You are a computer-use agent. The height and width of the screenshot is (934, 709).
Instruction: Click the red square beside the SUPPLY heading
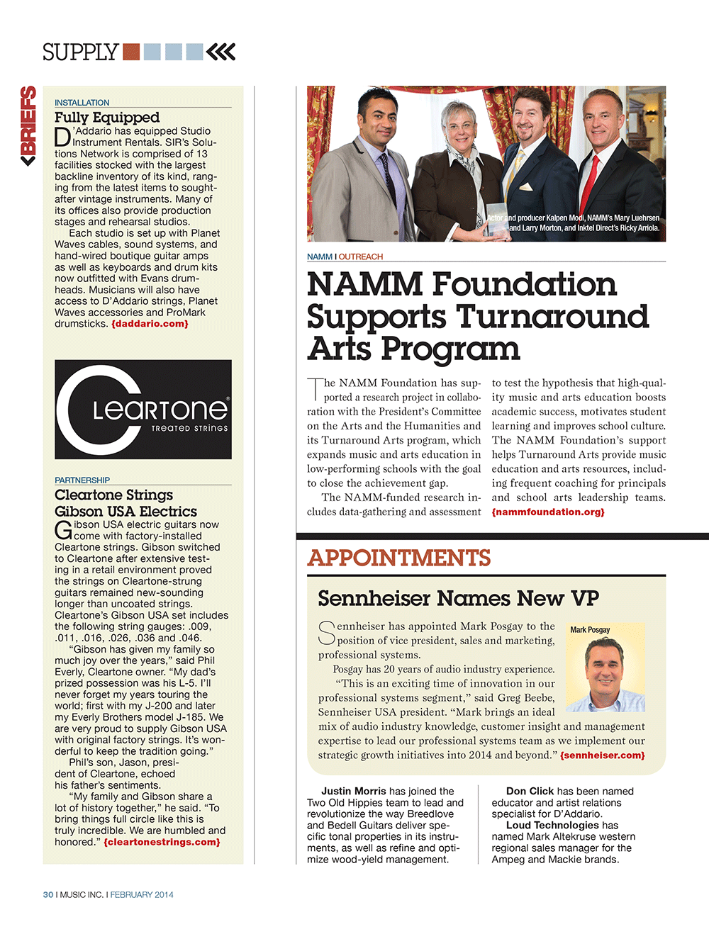click(131, 52)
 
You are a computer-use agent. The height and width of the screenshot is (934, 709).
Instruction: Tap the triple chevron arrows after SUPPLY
click(220, 52)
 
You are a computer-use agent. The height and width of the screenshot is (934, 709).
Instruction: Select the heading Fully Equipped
click(107, 118)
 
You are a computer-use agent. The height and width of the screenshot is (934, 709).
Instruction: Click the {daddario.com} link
click(150, 324)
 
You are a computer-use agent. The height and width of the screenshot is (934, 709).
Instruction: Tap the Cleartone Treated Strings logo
click(143, 409)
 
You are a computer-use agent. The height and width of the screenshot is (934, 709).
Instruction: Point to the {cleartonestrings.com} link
click(162, 843)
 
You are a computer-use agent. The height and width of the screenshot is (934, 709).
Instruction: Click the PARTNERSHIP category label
click(82, 480)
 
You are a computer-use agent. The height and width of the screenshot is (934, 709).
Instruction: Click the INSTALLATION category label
click(82, 103)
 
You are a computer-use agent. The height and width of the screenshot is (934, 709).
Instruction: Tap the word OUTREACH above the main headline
click(361, 257)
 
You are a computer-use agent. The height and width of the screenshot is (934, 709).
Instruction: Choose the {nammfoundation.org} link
click(548, 512)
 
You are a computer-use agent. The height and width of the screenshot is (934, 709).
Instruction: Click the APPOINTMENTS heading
click(399, 558)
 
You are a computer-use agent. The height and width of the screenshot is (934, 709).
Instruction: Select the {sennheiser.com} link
click(603, 755)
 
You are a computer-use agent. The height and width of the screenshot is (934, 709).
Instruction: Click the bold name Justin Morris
click(354, 791)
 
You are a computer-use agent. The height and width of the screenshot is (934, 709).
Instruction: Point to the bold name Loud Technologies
click(552, 825)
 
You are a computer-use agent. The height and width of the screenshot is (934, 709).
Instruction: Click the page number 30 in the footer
click(48, 895)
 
